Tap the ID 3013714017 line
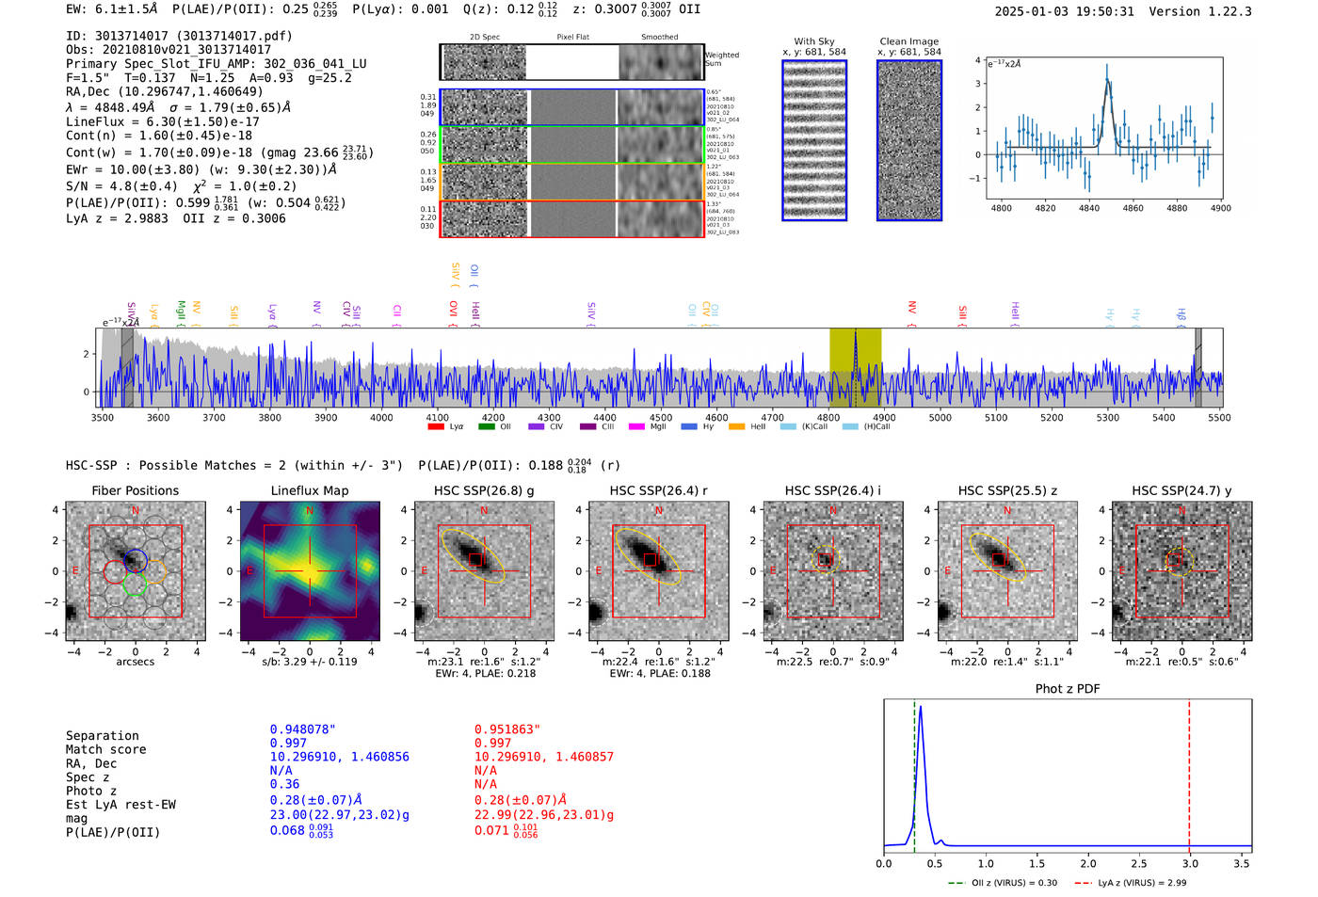(179, 36)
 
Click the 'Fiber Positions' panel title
(135, 490)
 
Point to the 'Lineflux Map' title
(309, 490)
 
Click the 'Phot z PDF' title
(1067, 688)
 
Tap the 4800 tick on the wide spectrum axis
(828, 417)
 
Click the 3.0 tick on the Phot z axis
(1189, 863)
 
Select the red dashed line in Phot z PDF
(1189, 772)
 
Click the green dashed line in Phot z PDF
(914, 772)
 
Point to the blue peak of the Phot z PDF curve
(920, 708)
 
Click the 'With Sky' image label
(813, 41)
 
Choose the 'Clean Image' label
(908, 41)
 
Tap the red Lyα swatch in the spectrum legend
(436, 426)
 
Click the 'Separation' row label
(102, 735)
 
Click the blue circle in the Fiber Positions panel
(136, 559)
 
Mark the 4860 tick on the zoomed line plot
(1133, 208)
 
